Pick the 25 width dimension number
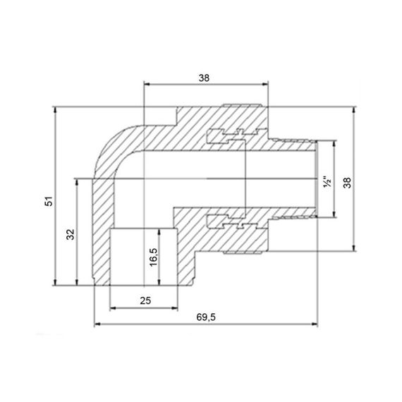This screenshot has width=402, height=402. [145, 301]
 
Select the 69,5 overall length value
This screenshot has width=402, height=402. [206, 317]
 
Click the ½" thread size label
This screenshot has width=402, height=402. [326, 182]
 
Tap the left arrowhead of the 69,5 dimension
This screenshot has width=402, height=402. [97, 325]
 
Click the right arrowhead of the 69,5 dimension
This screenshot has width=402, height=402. [314, 325]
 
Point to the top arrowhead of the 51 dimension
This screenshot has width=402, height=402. [55, 110]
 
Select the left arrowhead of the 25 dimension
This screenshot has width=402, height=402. [113, 309]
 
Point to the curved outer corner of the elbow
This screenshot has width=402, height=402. [106, 145]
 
